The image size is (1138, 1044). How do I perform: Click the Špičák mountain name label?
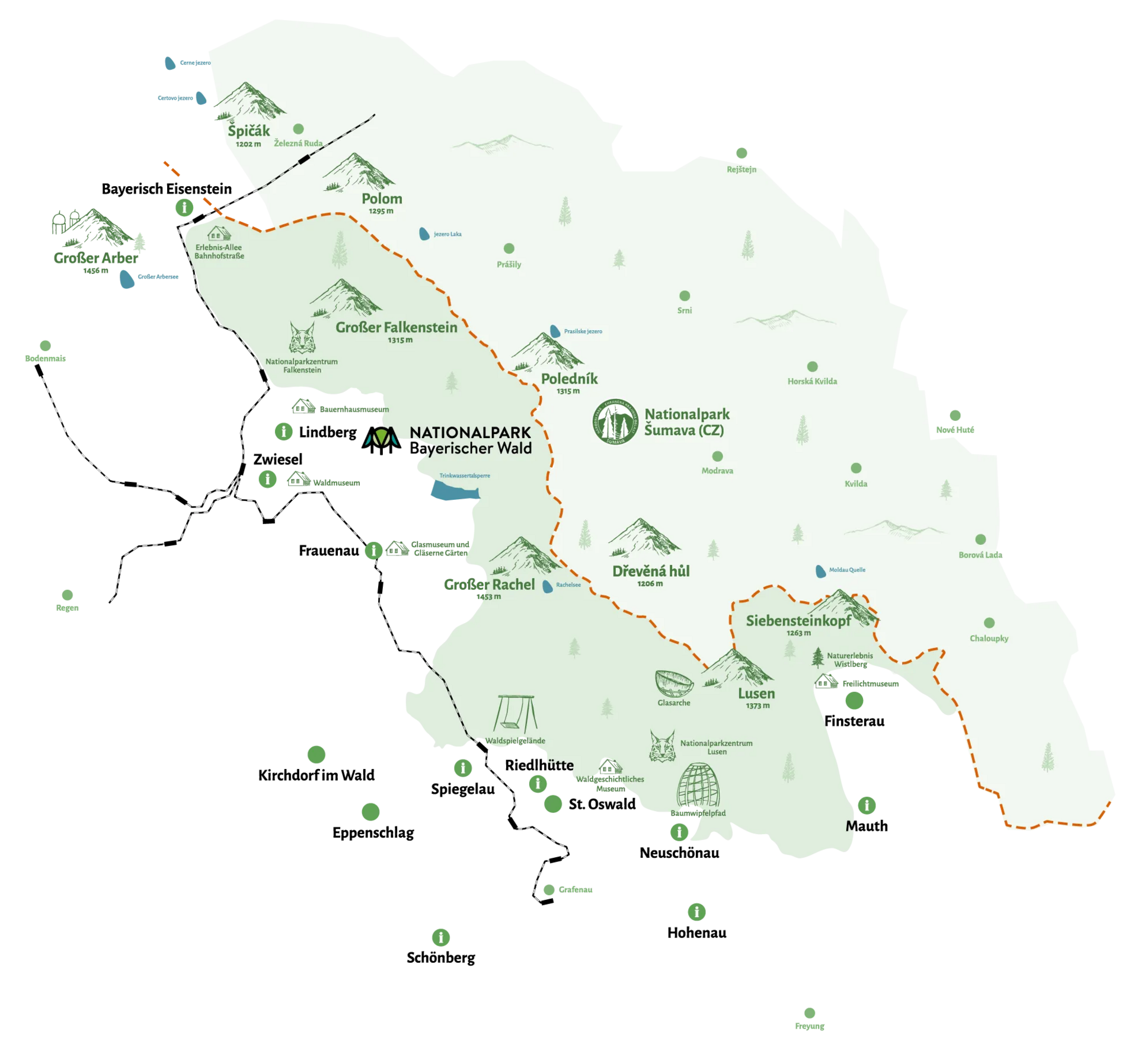[x=249, y=131]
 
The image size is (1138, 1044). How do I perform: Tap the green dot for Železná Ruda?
[x=299, y=129]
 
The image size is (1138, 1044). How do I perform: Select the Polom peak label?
[x=382, y=199]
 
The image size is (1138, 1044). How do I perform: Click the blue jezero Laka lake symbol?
[x=424, y=234]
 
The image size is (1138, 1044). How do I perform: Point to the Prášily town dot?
[x=509, y=248]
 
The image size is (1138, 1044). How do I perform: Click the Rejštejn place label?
[x=741, y=170]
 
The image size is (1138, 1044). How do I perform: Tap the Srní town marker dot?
[x=685, y=296]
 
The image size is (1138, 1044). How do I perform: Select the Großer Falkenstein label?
[x=397, y=327]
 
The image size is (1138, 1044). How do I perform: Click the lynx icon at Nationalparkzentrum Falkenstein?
[x=302, y=338]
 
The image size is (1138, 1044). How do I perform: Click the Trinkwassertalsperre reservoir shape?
[x=453, y=491]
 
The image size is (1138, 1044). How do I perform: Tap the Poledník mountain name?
[x=569, y=379]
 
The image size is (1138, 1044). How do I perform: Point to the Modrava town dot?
[x=717, y=456]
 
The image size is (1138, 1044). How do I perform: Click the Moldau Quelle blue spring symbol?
[x=821, y=572]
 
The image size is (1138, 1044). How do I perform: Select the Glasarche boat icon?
[x=674, y=684]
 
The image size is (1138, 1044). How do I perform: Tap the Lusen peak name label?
[x=756, y=694]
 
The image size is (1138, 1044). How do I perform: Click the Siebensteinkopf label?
[x=798, y=621]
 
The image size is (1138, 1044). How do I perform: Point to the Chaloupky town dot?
[x=989, y=623]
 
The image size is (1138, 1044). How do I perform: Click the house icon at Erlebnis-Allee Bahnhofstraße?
[x=219, y=233]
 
